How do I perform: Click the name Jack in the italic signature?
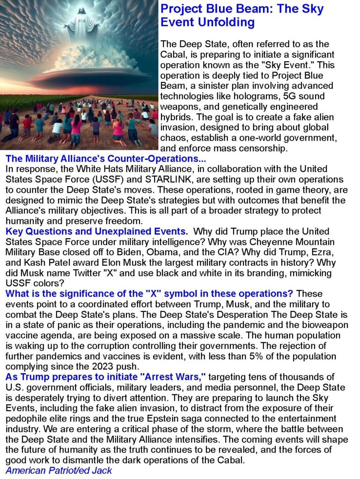tap(102, 470)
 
